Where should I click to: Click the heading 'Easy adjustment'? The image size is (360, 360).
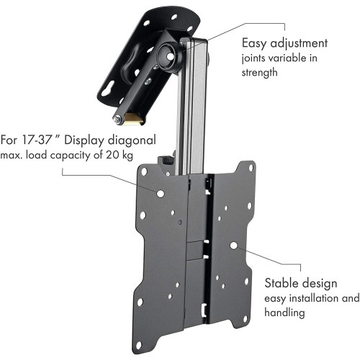pyautogui.click(x=285, y=42)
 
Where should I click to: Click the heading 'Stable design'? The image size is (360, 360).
pyautogui.click(x=295, y=282)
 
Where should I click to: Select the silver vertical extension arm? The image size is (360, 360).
pyautogui.click(x=195, y=108)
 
